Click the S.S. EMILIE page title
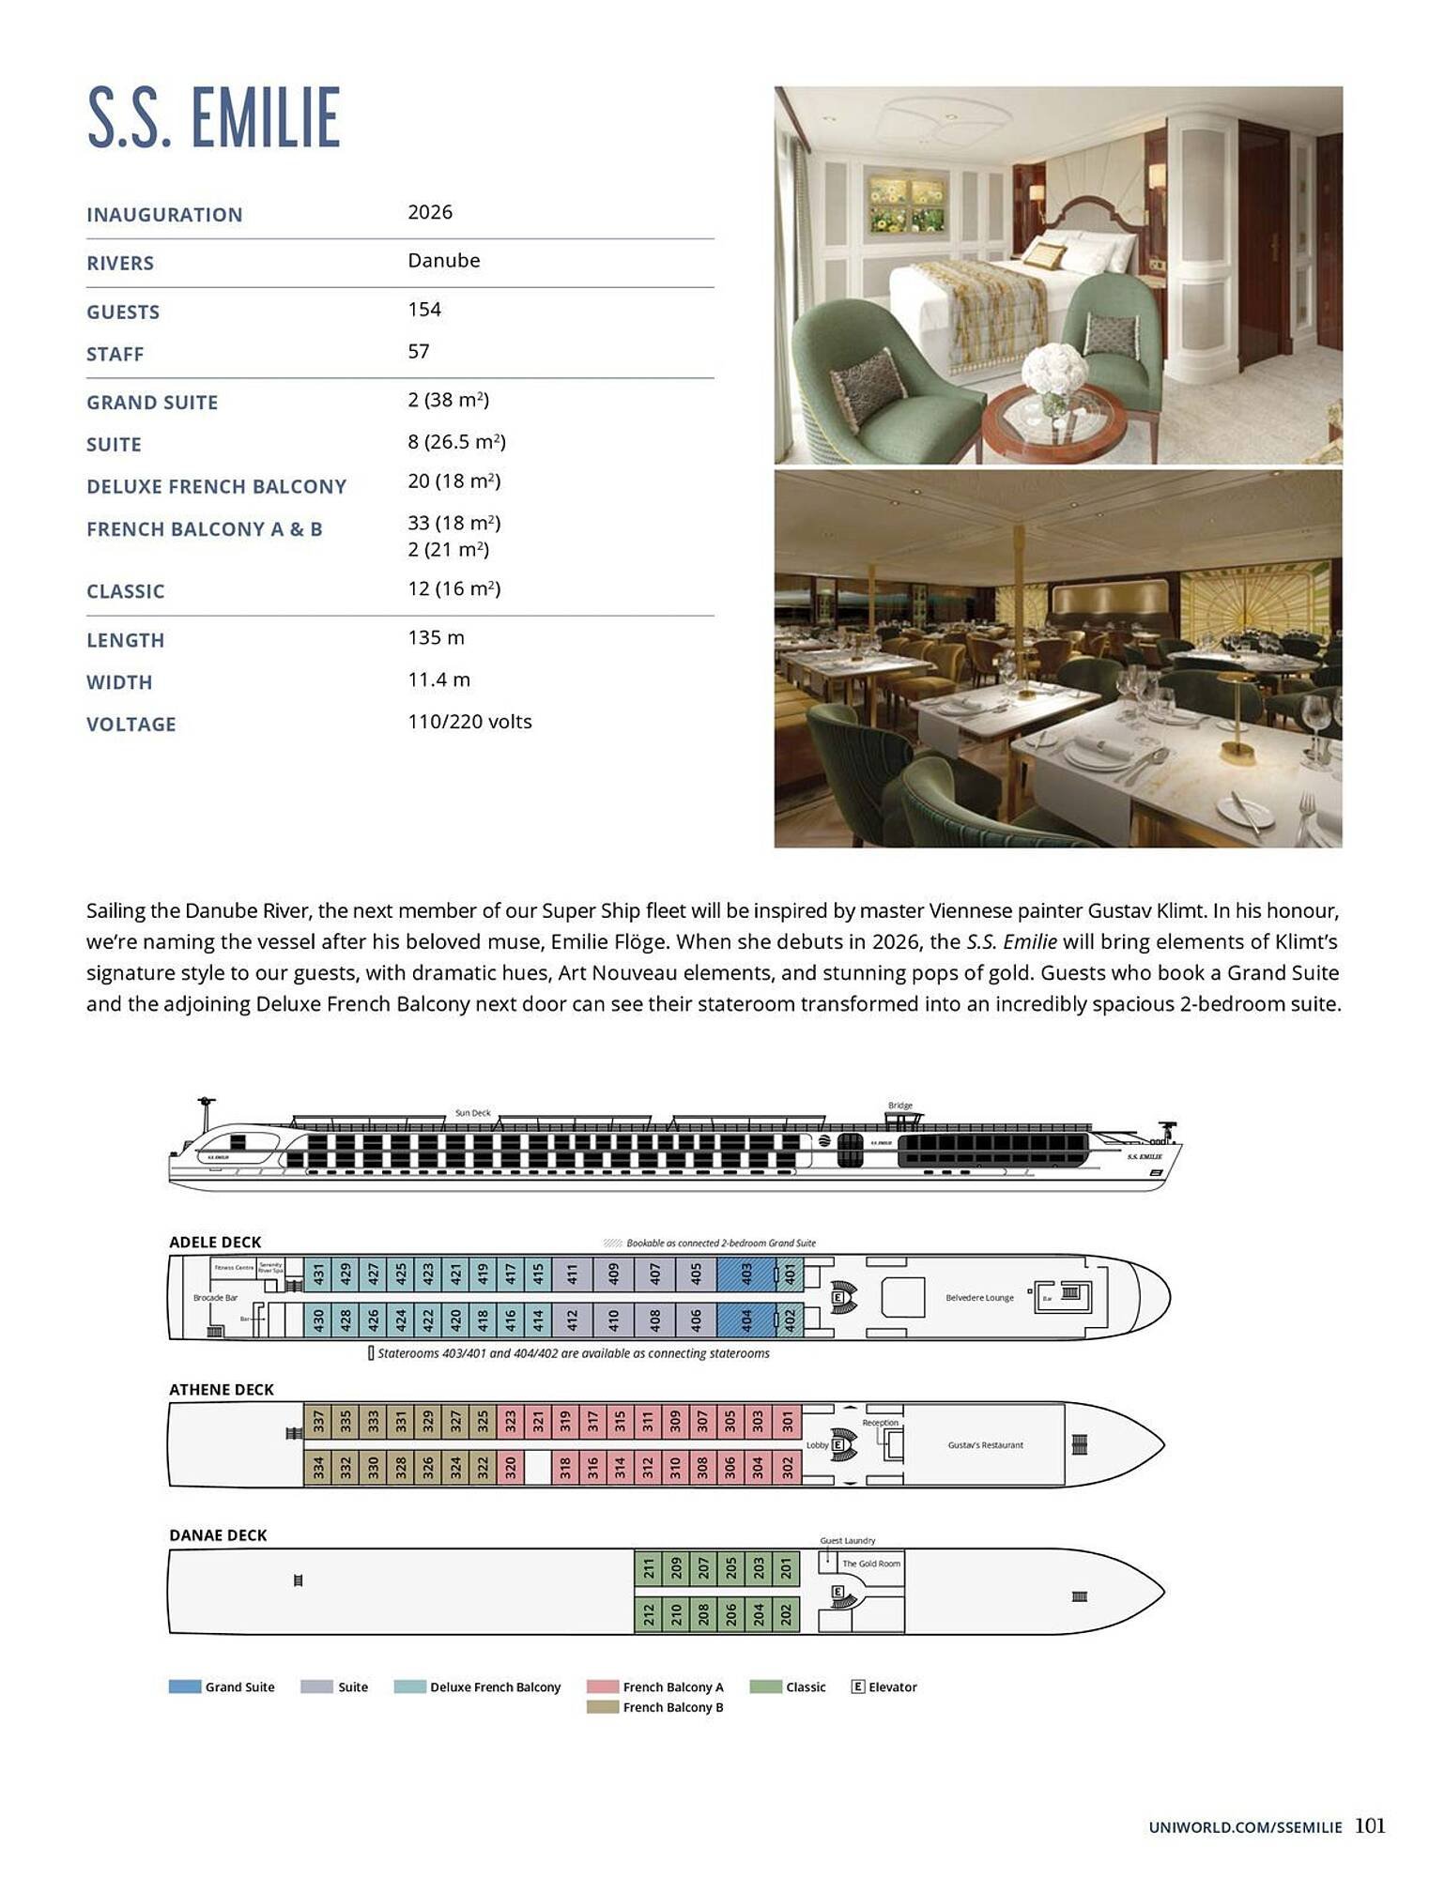213,118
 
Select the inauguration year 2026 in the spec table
430,212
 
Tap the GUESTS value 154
424,310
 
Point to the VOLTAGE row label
131,725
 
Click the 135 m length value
436,638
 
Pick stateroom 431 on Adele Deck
318,1274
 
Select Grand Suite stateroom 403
746,1274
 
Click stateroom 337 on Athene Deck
318,1421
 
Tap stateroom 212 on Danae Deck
649,1614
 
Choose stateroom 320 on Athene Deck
511,1467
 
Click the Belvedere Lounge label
979,1298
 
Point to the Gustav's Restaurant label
985,1445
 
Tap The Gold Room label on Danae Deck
870,1564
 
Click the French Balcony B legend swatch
602,1707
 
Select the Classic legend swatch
765,1686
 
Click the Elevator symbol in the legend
857,1686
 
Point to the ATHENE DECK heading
222,1390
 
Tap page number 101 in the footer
1370,1825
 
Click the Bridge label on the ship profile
899,1106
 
